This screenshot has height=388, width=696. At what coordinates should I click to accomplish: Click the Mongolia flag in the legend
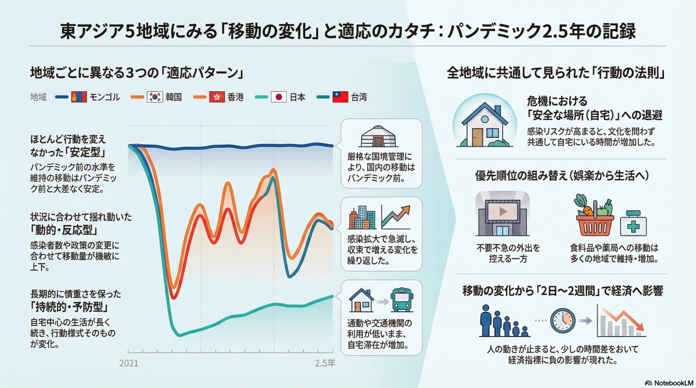(x=79, y=97)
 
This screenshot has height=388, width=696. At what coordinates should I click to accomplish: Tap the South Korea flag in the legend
(x=155, y=97)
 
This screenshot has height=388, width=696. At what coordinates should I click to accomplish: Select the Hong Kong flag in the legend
(x=217, y=97)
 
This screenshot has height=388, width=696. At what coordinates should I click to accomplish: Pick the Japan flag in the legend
(x=279, y=97)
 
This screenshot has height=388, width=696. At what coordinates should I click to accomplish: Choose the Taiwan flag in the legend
(x=340, y=97)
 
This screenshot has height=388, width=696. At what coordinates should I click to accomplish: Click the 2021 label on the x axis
(x=129, y=363)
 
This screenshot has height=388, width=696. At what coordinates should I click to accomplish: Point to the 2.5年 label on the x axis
(x=325, y=363)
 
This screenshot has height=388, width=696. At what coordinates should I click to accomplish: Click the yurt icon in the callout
(x=378, y=136)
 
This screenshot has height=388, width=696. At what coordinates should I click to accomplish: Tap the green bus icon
(x=402, y=301)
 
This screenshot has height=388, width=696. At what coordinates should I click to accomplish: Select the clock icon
(x=563, y=321)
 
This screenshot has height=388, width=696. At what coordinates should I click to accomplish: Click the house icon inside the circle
(x=484, y=124)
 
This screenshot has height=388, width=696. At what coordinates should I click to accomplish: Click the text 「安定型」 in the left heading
(x=87, y=152)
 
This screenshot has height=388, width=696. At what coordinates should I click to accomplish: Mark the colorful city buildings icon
(x=362, y=217)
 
